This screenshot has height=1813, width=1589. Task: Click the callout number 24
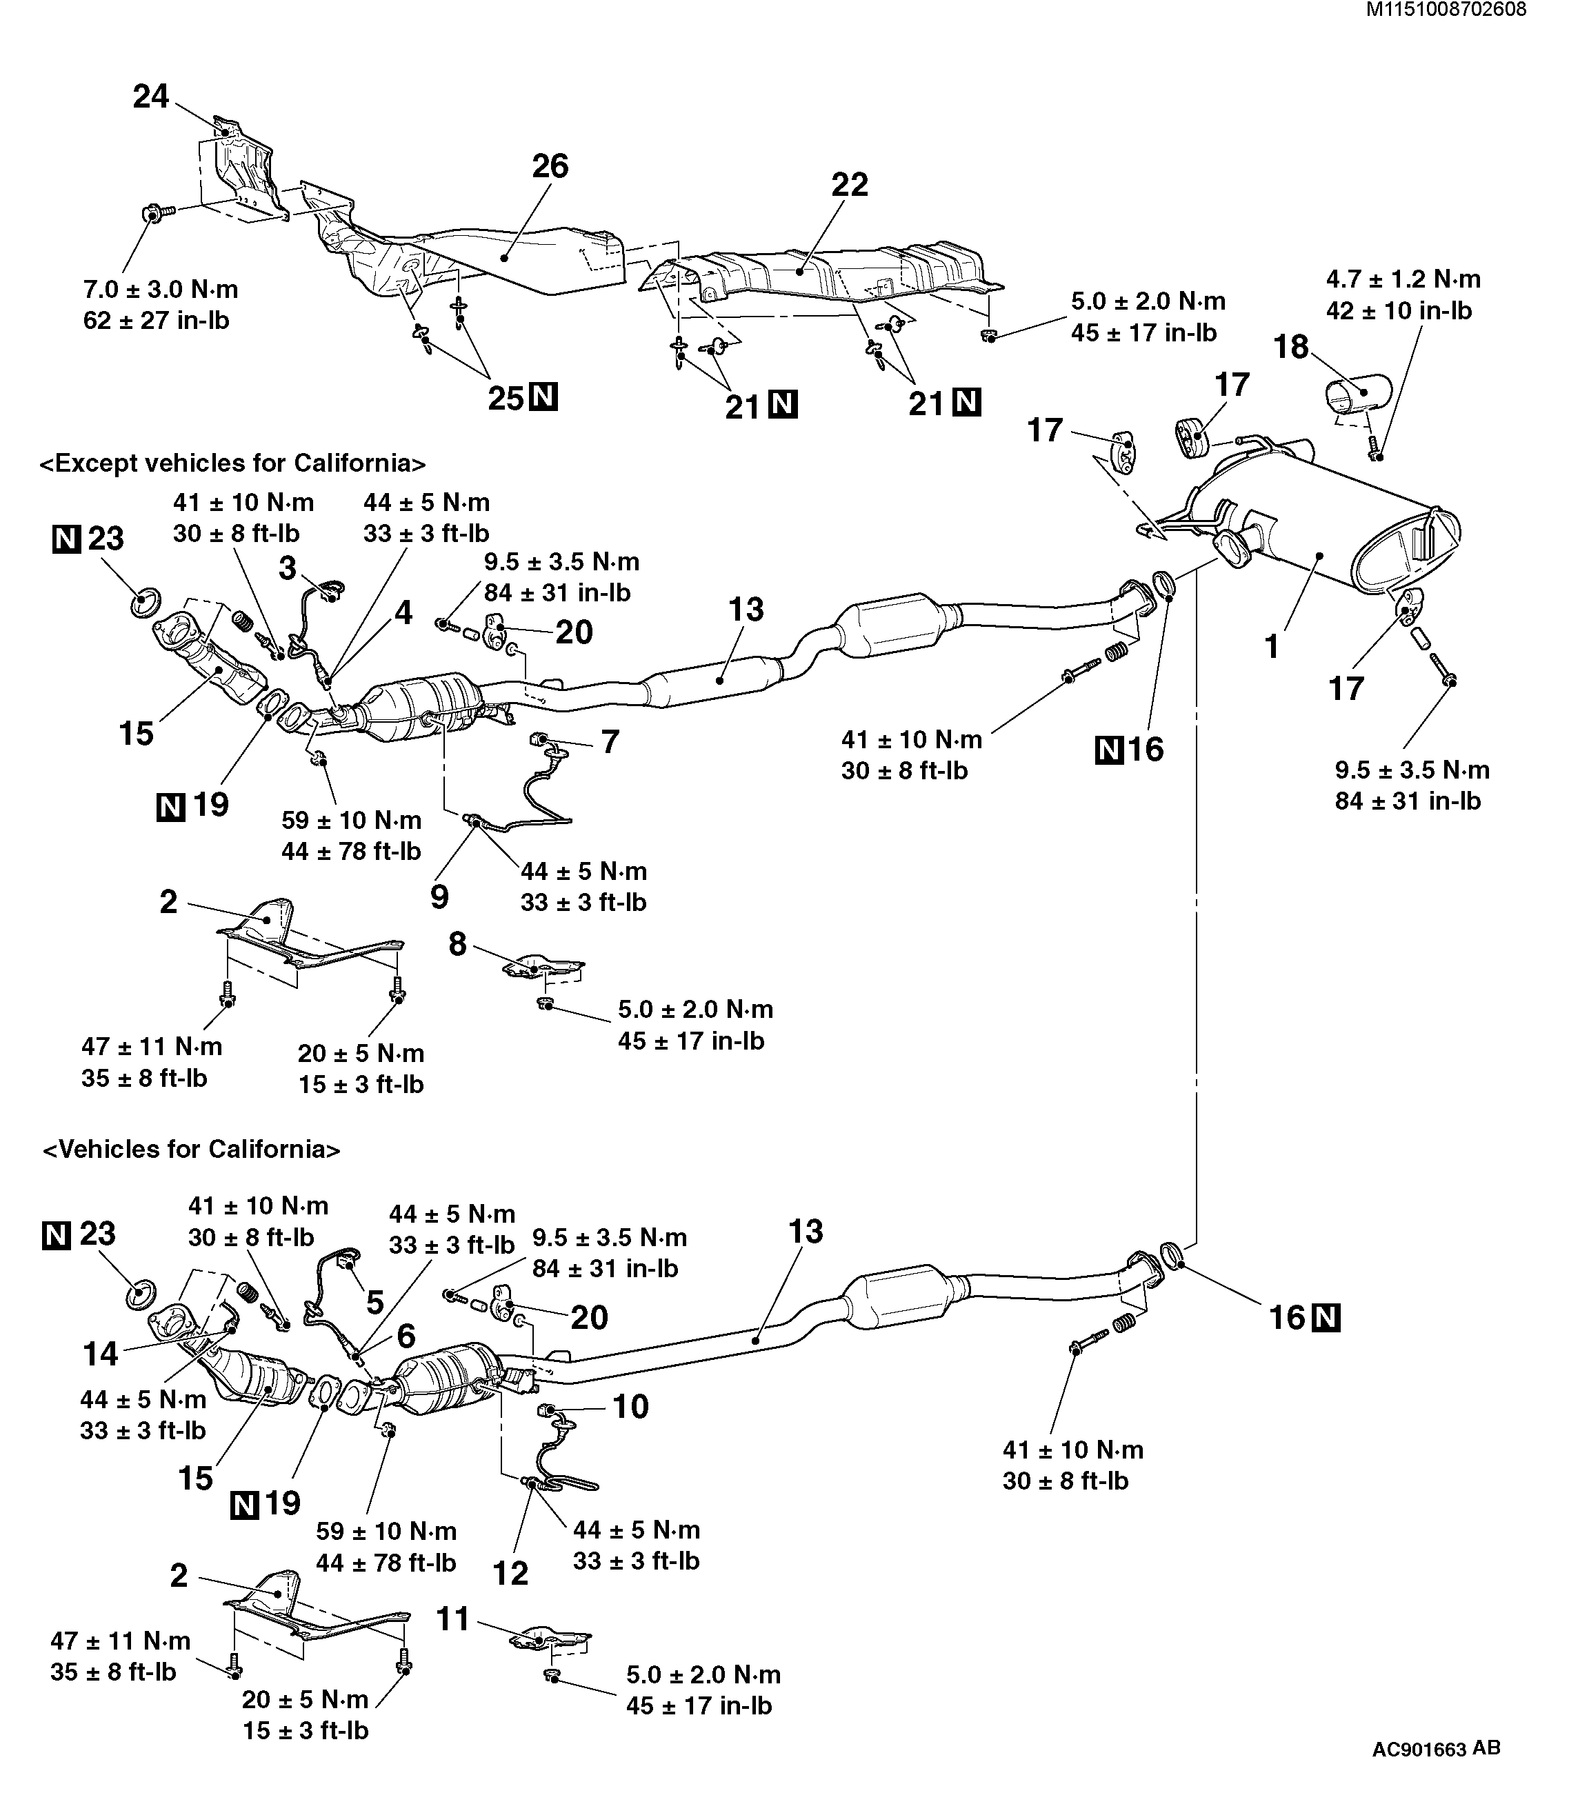pos(151,96)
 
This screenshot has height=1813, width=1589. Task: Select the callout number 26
pos(550,166)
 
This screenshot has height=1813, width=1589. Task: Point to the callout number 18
pos(1291,347)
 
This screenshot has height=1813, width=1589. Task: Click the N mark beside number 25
pos(543,398)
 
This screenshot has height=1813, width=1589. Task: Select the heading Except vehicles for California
pos(232,463)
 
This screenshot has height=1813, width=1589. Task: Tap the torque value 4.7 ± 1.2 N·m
pos(1403,279)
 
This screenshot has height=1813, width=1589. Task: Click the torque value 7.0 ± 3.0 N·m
pos(161,289)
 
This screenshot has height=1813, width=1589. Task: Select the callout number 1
pos(1272,646)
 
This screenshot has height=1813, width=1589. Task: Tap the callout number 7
pos(610,741)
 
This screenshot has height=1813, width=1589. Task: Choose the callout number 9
pos(440,897)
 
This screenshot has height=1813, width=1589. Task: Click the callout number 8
pos(457,944)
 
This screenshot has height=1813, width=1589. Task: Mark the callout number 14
pos(100,1353)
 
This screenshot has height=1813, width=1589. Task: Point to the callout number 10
pos(630,1406)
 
